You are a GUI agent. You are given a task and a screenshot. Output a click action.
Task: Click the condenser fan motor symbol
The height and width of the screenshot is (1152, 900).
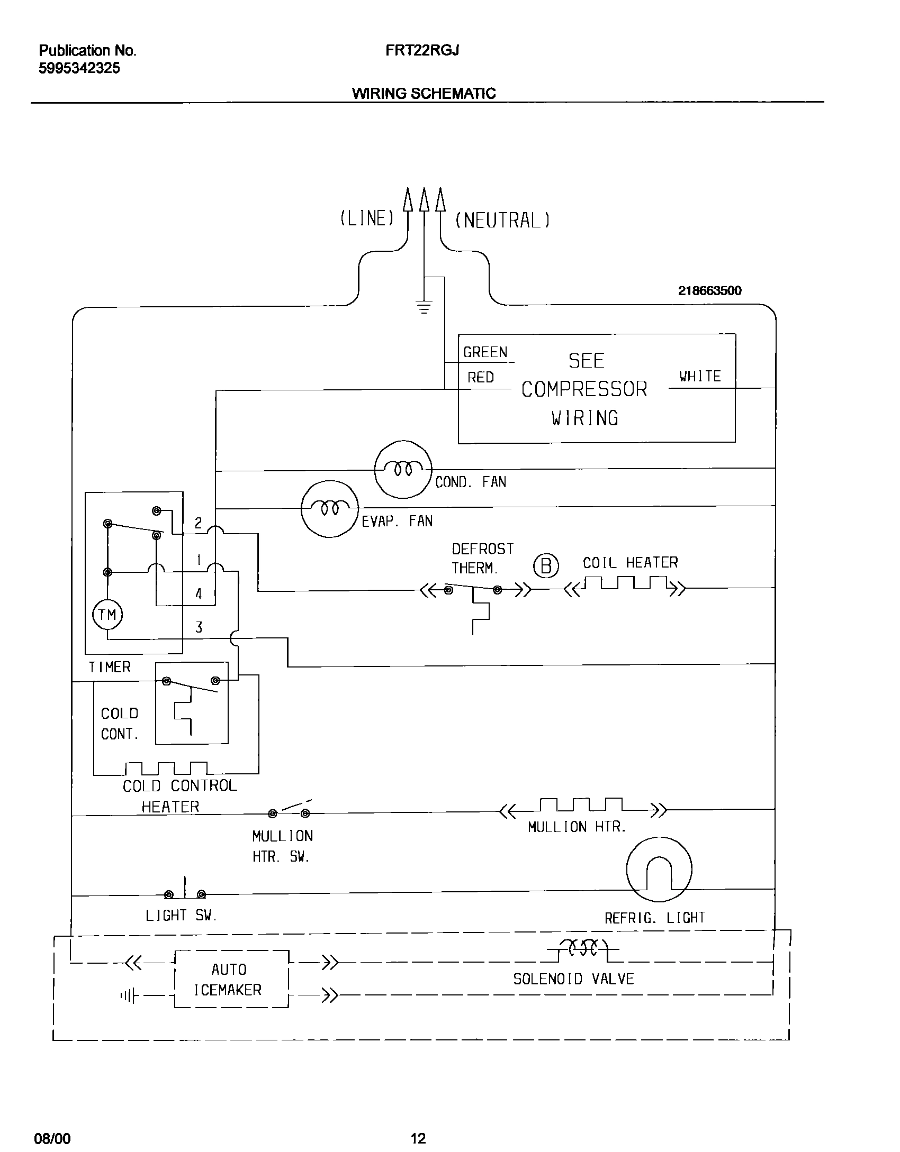403,469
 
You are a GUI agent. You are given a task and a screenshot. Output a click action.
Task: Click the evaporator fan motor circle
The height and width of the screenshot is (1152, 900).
329,509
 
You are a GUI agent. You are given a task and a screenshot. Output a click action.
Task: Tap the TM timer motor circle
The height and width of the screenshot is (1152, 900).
107,615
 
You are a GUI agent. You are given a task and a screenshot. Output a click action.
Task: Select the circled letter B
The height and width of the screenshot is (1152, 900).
546,566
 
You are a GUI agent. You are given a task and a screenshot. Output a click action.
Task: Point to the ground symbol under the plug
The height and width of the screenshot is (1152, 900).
424,307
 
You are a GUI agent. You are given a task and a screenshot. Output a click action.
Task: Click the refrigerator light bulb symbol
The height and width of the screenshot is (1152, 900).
659,869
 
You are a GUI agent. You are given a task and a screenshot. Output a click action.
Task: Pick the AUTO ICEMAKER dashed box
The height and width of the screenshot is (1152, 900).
231,979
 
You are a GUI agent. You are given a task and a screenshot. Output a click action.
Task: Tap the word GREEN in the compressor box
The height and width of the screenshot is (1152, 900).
485,352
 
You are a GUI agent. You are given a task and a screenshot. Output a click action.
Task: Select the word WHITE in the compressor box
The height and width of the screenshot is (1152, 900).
700,377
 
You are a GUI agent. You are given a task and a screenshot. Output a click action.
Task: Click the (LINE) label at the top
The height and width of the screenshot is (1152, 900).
367,218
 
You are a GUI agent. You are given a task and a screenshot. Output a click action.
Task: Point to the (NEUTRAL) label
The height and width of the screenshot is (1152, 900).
502,220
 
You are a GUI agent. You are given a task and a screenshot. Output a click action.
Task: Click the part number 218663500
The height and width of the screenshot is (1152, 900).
709,290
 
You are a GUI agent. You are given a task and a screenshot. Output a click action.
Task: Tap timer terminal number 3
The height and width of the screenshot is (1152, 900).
199,628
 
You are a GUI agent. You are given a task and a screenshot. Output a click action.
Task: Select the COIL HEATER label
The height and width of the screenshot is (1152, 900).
630,563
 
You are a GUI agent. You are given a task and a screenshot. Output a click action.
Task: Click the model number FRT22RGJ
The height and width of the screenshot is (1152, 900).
422,50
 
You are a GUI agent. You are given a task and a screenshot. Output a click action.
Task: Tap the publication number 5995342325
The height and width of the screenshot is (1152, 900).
79,68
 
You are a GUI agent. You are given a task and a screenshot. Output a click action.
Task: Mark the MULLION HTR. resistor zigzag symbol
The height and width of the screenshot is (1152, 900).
582,807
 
